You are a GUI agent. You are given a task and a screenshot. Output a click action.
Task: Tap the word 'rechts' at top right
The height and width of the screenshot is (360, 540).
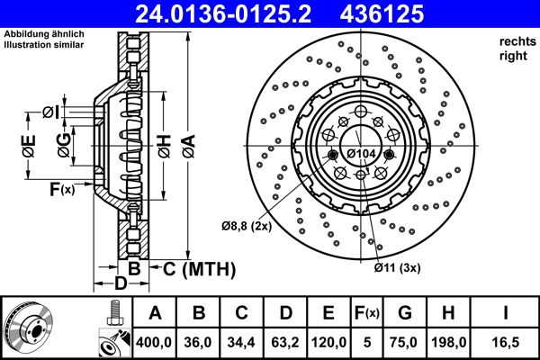[514, 41]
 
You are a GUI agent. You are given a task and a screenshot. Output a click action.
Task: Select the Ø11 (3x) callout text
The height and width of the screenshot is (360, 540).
[396, 266]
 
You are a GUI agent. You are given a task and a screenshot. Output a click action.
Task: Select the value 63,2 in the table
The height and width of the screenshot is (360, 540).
[285, 341]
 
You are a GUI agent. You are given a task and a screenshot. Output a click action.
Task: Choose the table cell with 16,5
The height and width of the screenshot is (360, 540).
[507, 341]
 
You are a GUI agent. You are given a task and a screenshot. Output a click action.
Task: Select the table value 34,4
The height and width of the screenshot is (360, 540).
[242, 341]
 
